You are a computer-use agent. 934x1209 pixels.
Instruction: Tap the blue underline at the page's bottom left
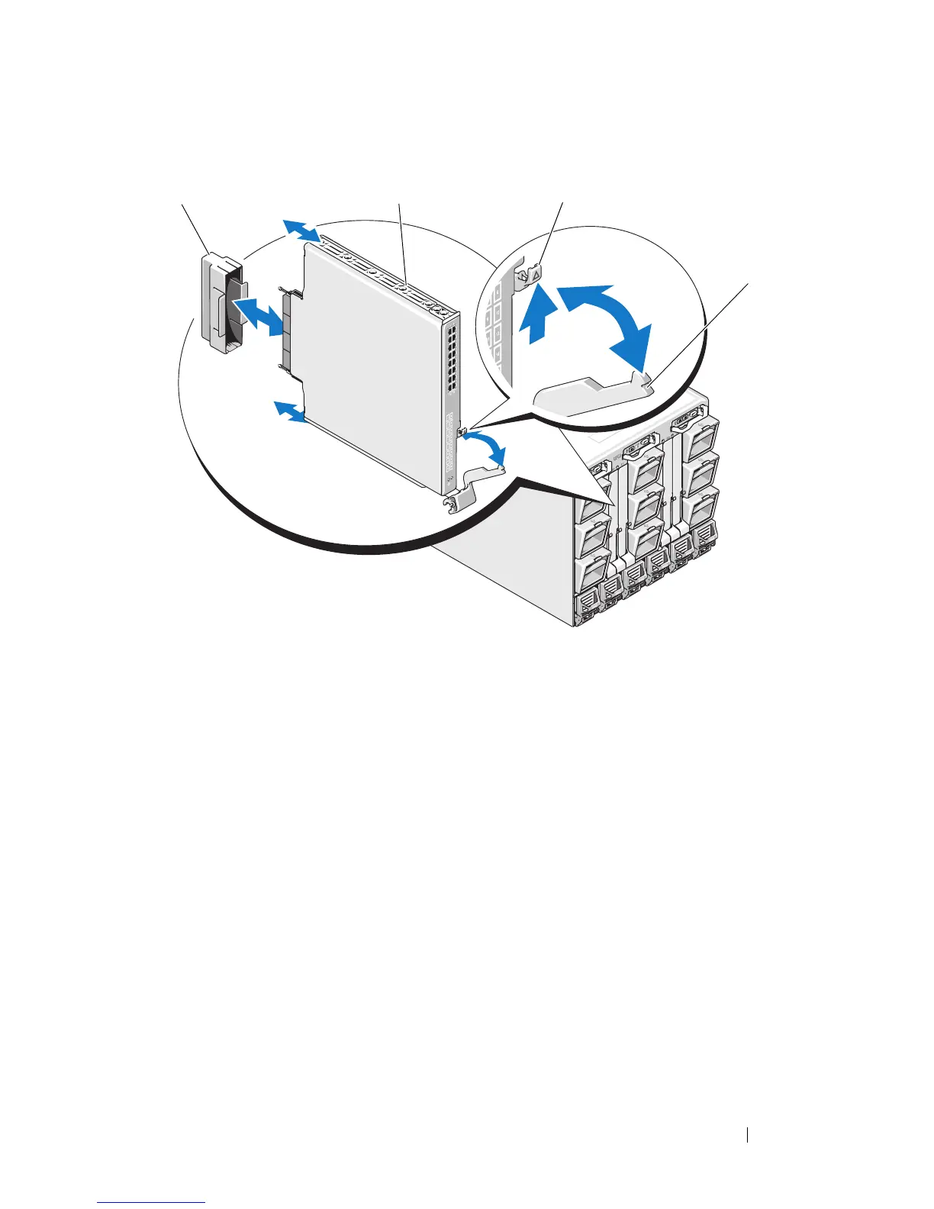[151, 1203]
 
